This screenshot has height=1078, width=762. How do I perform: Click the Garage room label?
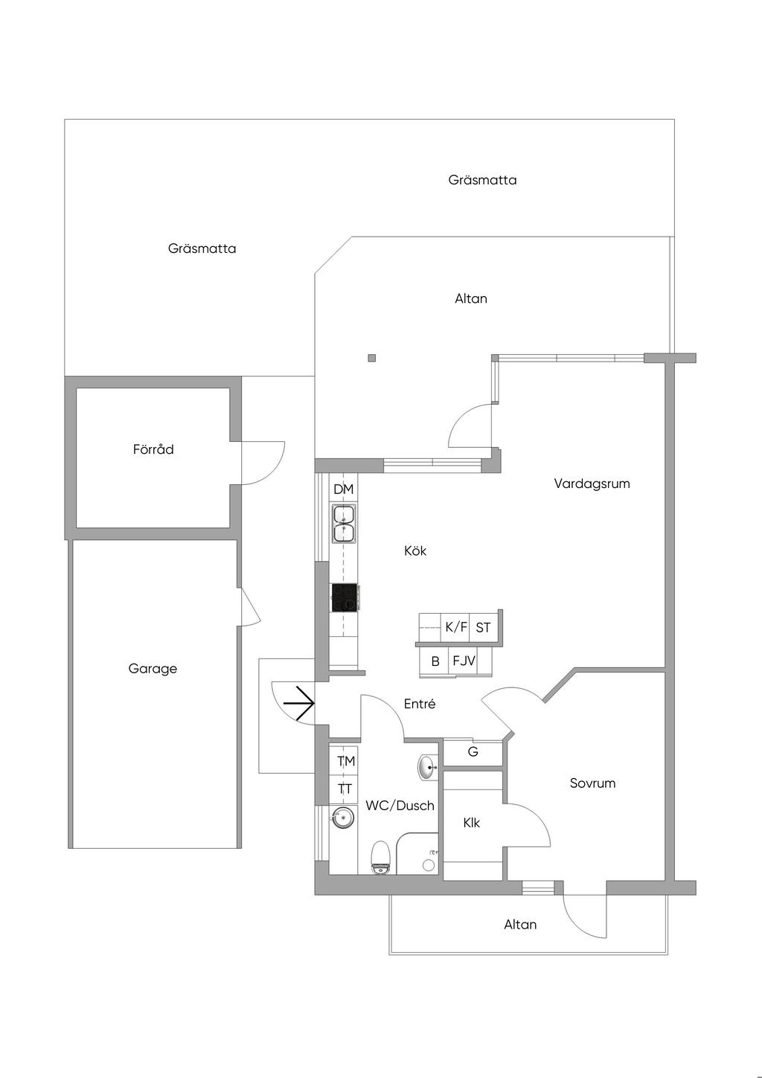[x=153, y=669]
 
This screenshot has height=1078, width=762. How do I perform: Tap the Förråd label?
[x=153, y=449]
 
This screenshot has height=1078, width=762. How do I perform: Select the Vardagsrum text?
[x=592, y=484]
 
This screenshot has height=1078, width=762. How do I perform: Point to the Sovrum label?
[x=592, y=783]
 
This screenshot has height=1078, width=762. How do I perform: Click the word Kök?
[x=415, y=551]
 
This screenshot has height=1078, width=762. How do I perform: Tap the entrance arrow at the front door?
[x=301, y=703]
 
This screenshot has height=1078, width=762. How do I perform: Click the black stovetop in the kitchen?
[x=345, y=598]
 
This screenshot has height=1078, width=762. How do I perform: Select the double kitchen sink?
[x=344, y=523]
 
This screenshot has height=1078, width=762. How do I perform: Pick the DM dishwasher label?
[x=343, y=490]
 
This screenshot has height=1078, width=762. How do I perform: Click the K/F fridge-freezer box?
[x=456, y=627]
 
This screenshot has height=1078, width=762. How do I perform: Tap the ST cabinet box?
[x=484, y=628]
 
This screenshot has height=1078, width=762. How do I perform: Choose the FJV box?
[x=464, y=661]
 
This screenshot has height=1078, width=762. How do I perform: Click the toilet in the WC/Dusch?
[x=380, y=857]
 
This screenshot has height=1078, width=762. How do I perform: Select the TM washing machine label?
[x=346, y=761]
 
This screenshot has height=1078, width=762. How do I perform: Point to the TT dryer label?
[x=345, y=789]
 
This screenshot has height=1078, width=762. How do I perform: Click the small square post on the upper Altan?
[x=372, y=358]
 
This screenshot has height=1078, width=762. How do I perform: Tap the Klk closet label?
[x=471, y=823]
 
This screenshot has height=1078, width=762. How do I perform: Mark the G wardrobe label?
[x=473, y=752]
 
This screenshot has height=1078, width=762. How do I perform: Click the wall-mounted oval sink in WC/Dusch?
[x=427, y=768]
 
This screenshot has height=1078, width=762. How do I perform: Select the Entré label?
[x=420, y=704]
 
